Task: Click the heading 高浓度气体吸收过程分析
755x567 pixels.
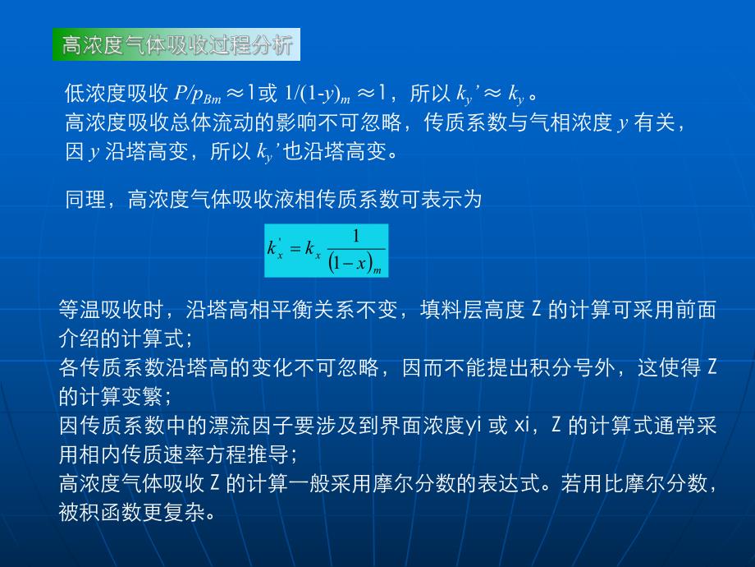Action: coord(176,44)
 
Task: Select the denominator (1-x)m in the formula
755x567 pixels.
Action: coord(355,263)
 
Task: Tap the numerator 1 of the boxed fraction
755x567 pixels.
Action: coord(355,236)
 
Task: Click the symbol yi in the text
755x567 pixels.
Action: coord(474,426)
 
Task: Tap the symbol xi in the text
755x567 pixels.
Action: coord(524,426)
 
